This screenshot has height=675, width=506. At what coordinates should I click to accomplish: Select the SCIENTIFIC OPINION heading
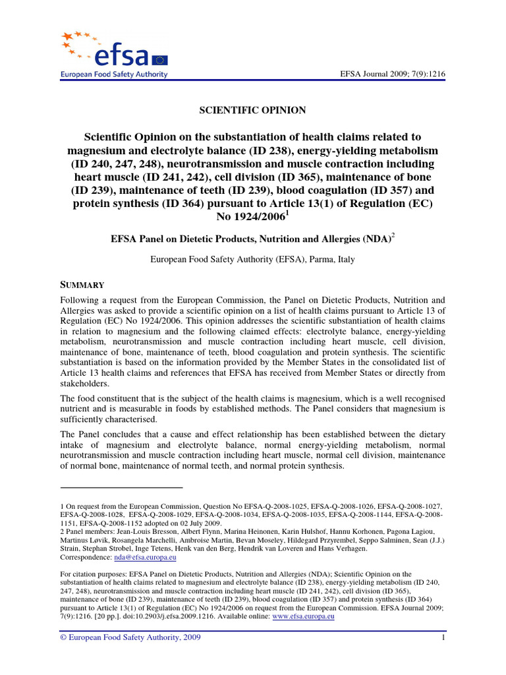click(x=252, y=110)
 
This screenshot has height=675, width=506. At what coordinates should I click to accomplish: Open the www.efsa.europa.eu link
click(x=304, y=616)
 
